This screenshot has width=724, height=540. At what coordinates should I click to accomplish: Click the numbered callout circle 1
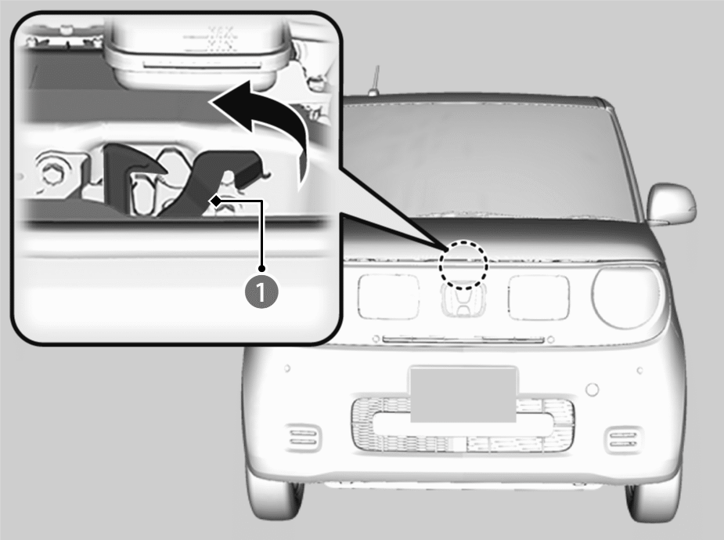(261, 292)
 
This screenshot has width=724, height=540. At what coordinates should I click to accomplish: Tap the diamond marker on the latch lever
(215, 201)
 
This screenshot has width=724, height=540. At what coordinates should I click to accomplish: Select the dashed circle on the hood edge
(463, 265)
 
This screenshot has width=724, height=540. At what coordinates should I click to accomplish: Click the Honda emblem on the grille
(463, 300)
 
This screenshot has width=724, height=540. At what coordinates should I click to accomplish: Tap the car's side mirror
(671, 204)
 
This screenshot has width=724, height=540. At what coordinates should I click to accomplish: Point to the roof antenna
(375, 82)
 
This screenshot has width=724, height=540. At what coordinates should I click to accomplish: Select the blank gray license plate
(463, 395)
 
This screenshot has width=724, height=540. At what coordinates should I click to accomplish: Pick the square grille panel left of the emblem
(388, 296)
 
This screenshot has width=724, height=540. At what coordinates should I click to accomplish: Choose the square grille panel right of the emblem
(538, 297)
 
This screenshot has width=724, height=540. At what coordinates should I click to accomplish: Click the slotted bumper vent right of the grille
(623, 440)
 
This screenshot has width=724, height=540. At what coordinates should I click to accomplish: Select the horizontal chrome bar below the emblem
(463, 340)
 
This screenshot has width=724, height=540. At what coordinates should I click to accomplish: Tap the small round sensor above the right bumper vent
(592, 390)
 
